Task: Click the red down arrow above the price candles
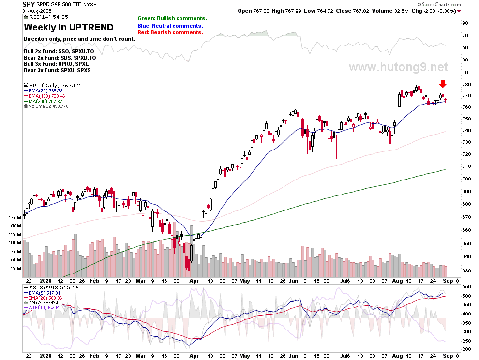click(x=443, y=84)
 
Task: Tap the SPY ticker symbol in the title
click(x=29, y=4)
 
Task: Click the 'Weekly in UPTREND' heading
click(x=69, y=27)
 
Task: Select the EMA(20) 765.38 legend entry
click(x=43, y=91)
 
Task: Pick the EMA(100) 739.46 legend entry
click(x=45, y=96)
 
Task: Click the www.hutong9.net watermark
click(x=398, y=67)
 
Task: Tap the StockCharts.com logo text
click(x=439, y=4)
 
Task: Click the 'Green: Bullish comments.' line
click(x=172, y=19)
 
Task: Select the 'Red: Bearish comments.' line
click(x=170, y=33)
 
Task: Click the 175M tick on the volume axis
click(x=15, y=218)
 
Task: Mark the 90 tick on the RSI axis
click(x=465, y=23)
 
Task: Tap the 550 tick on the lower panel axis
click(x=466, y=287)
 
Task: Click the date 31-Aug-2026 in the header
click(x=37, y=11)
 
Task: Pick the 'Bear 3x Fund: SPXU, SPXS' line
click(x=57, y=70)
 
